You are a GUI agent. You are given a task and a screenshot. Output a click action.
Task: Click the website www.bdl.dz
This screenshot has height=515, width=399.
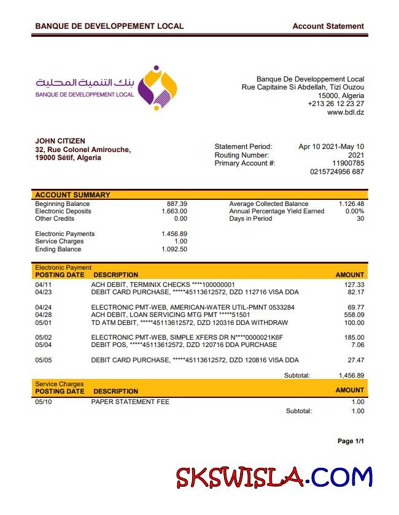[x=346, y=112]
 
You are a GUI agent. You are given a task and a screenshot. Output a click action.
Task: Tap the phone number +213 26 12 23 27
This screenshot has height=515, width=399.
[x=336, y=104]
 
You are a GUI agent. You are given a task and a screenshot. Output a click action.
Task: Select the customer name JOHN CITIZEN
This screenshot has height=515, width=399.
[x=60, y=141]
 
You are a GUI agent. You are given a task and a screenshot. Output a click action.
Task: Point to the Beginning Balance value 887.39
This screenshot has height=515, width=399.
[x=177, y=204]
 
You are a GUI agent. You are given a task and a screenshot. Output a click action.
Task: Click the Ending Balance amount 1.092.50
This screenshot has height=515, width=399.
[x=174, y=249]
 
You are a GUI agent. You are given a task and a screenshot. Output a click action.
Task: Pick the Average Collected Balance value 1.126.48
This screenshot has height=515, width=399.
[x=351, y=204]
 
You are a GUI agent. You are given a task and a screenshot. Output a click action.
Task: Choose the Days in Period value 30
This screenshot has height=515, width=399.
[x=360, y=218]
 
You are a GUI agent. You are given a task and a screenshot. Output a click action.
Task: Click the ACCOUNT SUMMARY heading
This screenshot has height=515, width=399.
[x=72, y=195]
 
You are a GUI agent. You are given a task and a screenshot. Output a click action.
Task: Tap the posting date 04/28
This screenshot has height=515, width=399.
[x=44, y=315]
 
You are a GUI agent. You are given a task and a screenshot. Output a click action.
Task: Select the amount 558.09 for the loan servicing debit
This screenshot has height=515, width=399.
[x=354, y=315]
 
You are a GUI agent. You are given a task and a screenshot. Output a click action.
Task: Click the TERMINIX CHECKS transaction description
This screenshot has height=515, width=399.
[x=163, y=284]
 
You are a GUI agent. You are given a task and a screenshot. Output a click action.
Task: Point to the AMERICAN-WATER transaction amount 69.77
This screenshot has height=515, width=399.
[x=356, y=307]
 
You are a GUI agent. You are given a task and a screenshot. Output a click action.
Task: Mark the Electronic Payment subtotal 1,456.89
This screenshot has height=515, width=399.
[x=351, y=375]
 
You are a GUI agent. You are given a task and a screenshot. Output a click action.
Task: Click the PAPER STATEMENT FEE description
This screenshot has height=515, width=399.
[x=130, y=402]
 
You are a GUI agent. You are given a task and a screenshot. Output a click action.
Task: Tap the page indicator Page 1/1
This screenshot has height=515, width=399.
[x=351, y=441]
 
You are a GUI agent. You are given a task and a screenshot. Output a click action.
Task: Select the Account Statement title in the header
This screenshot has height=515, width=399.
[x=328, y=26]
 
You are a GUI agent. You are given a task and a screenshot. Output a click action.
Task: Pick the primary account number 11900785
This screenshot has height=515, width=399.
[x=348, y=163]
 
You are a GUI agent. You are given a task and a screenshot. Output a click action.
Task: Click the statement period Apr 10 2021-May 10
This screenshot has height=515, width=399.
[x=331, y=147]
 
